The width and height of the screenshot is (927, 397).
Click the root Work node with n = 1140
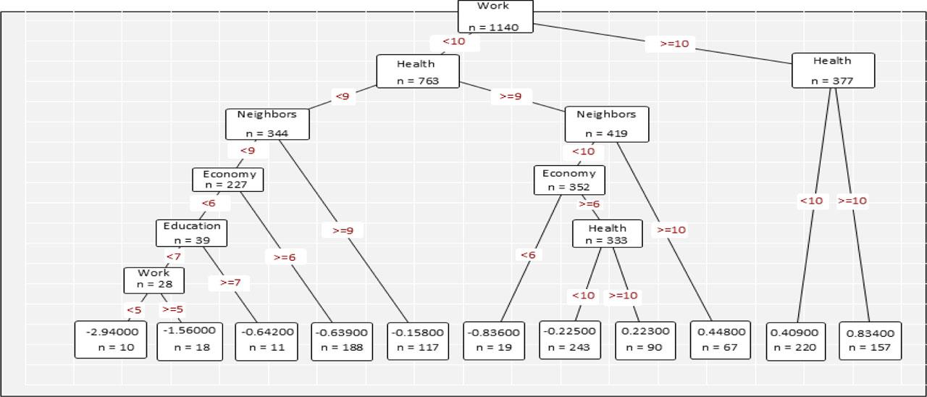(x=495, y=17)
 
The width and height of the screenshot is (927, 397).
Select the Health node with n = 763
(x=417, y=72)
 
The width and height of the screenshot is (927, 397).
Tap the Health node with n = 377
(x=832, y=70)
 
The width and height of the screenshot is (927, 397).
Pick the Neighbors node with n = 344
(x=267, y=124)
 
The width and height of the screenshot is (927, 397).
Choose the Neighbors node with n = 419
(x=606, y=124)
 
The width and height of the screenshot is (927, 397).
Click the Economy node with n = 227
(x=228, y=180)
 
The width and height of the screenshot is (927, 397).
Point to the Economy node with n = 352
(x=569, y=180)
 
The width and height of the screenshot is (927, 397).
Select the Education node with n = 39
(x=192, y=233)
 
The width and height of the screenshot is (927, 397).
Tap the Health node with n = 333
(x=607, y=233)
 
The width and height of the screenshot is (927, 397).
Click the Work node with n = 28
(x=154, y=280)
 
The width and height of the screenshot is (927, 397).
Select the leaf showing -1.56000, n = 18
(x=188, y=340)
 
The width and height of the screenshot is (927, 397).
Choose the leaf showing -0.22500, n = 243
(x=570, y=340)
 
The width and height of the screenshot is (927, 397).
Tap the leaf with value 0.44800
(x=721, y=340)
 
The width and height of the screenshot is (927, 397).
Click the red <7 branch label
(x=173, y=256)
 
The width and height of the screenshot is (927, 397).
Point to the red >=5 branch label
(x=172, y=309)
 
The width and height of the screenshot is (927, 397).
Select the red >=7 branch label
(x=230, y=283)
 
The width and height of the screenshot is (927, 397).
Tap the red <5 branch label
(x=134, y=310)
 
